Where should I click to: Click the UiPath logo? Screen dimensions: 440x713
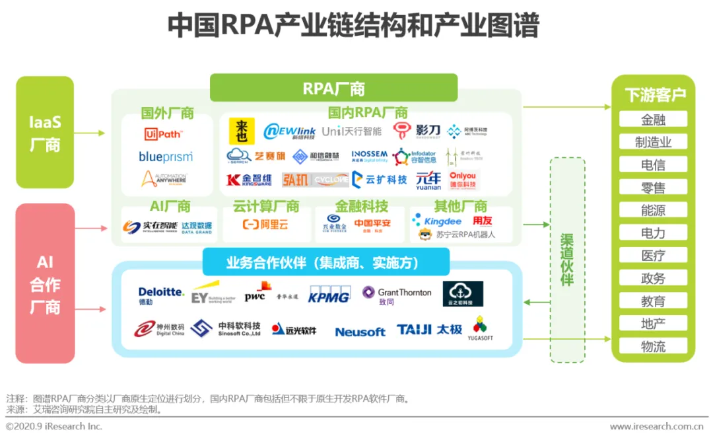163,134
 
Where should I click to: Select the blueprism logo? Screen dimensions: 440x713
166,157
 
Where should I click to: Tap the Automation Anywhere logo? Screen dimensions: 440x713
164,178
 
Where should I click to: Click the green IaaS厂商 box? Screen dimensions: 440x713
45,132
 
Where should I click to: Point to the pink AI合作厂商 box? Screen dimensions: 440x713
45,284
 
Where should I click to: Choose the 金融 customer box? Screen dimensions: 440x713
653,120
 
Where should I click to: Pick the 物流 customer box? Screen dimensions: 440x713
653,346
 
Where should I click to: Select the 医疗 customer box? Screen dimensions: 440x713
653,256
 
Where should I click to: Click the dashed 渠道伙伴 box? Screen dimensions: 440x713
567,260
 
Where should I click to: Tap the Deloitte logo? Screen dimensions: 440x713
161,295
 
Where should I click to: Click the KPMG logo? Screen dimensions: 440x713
329,295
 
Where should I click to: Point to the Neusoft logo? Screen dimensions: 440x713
360,332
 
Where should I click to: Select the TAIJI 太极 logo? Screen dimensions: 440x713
429,329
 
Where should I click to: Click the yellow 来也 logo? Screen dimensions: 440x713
242,131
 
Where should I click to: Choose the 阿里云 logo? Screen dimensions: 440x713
265,225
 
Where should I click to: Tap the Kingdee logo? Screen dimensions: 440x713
437,221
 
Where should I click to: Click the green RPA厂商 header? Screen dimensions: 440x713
333,88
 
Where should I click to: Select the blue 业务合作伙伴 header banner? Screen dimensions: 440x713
325,262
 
